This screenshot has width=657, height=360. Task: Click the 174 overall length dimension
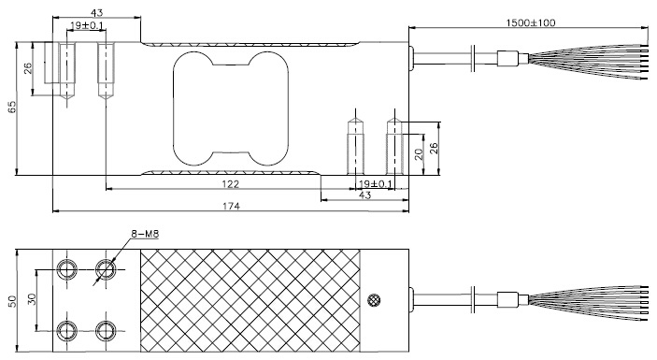[231, 207]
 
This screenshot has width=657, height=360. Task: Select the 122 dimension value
[231, 184]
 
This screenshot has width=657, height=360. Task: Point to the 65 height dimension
[12, 107]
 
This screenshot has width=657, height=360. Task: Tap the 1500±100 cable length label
[531, 22]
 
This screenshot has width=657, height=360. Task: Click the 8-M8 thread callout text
[145, 234]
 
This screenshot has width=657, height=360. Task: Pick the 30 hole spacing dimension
[32, 299]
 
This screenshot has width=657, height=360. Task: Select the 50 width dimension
[12, 301]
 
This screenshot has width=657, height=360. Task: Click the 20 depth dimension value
[419, 154]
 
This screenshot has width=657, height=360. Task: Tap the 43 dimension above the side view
[96, 13]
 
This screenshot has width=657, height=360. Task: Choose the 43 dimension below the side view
[365, 194]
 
